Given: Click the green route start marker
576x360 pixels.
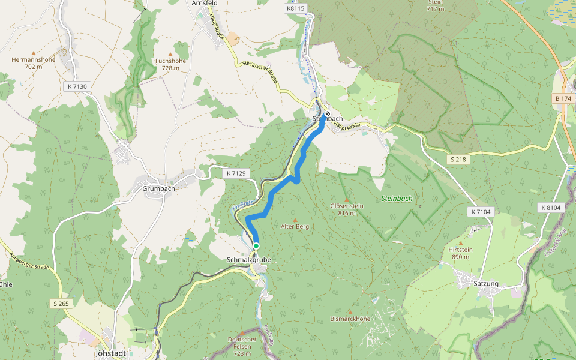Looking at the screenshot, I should (x=256, y=246).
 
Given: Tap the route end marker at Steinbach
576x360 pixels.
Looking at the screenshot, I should (x=328, y=114).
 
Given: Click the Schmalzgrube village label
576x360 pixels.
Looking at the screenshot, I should (x=249, y=260).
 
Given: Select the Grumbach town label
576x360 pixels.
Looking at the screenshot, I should (x=159, y=188).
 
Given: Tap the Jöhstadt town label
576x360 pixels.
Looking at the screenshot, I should (x=110, y=353).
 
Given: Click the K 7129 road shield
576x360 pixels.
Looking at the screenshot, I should (x=236, y=173).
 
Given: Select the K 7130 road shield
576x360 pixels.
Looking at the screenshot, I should (x=77, y=87).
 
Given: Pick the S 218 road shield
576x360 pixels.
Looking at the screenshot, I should (x=458, y=159).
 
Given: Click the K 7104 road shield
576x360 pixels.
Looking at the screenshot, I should (x=481, y=212).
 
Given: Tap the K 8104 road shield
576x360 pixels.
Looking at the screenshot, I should (x=550, y=208).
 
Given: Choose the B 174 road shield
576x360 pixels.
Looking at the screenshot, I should (x=565, y=98).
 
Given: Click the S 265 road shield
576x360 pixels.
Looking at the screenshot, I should (x=61, y=304).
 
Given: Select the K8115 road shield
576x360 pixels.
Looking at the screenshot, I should (x=296, y=8).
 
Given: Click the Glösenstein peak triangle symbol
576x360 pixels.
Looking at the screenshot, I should (x=346, y=199).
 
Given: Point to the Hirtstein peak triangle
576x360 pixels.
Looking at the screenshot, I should (x=461, y=243).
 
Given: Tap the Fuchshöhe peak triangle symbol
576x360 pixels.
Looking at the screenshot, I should (x=170, y=54).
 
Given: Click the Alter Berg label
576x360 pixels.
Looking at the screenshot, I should (x=295, y=227).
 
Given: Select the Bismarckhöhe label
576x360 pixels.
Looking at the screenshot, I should (x=350, y=319).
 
